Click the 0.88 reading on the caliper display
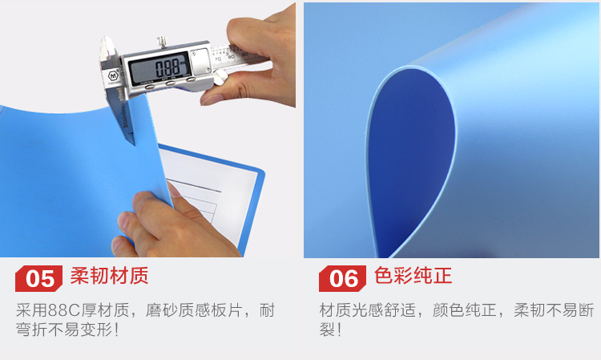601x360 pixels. click(x=167, y=68)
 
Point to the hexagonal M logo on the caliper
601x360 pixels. click(x=113, y=76)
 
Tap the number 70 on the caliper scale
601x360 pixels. click(x=218, y=59)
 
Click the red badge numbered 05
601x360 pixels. click(x=38, y=278)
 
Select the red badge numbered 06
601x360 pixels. click(x=342, y=278)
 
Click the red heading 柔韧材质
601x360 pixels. click(x=109, y=276)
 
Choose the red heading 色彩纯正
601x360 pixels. click(x=413, y=276)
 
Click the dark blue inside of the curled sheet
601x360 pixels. click(x=410, y=161)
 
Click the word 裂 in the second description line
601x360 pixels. click(x=327, y=330)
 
